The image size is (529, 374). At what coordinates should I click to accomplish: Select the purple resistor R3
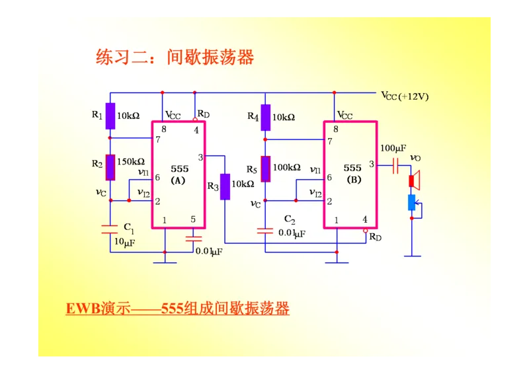tap(225, 186)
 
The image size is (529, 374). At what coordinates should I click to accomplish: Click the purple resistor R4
tap(265, 117)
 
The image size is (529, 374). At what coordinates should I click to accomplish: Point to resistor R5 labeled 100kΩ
tap(265, 168)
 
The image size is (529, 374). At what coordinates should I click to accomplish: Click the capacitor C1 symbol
tap(110, 229)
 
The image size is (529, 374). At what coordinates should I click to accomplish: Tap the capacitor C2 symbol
tap(265, 231)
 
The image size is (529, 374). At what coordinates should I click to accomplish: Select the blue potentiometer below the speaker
tap(412, 202)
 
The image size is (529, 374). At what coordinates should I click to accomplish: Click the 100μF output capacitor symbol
tap(396, 165)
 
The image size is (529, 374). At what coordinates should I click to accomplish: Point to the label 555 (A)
tap(179, 174)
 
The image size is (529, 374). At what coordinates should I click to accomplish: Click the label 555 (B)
tap(352, 174)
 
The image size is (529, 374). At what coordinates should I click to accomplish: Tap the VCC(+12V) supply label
tap(405, 96)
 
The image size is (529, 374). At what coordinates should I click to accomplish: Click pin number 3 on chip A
tap(201, 157)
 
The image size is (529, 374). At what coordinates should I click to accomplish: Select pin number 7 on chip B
tap(329, 141)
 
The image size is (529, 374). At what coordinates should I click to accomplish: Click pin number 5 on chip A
tap(193, 220)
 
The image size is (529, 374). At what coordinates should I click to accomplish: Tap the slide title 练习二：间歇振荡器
tap(175, 57)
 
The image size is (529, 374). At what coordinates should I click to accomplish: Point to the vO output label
tap(415, 158)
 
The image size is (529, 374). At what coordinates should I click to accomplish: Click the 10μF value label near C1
tap(125, 243)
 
